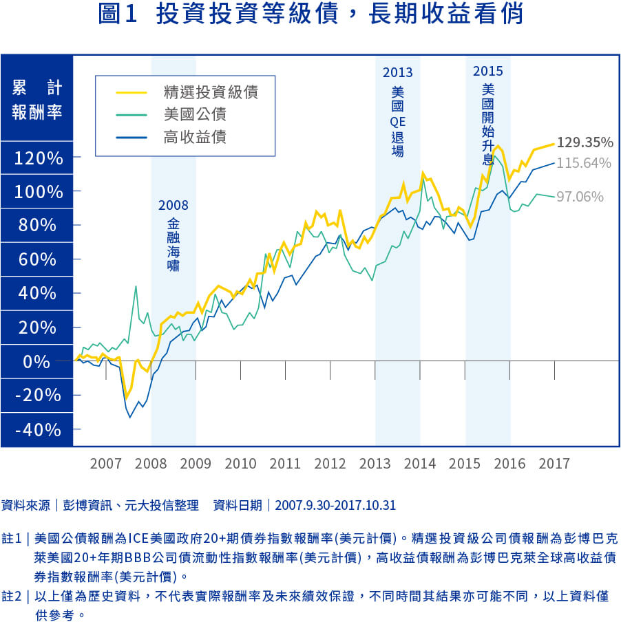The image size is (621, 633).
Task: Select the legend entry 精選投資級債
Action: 211,92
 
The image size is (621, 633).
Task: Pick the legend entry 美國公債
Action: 195,114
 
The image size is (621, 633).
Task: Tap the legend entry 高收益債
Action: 195,137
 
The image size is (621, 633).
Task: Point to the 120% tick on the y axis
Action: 39,158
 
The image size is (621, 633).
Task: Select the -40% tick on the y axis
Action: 39,429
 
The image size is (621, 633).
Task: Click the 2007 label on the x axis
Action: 105,463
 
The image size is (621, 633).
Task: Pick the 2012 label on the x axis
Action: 330,463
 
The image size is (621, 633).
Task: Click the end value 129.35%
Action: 585,143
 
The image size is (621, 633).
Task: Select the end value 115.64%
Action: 585,163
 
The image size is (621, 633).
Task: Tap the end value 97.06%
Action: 580,197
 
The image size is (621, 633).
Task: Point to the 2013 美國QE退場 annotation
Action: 398,110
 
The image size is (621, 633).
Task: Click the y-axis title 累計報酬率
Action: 37,100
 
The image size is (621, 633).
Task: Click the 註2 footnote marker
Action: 13,597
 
